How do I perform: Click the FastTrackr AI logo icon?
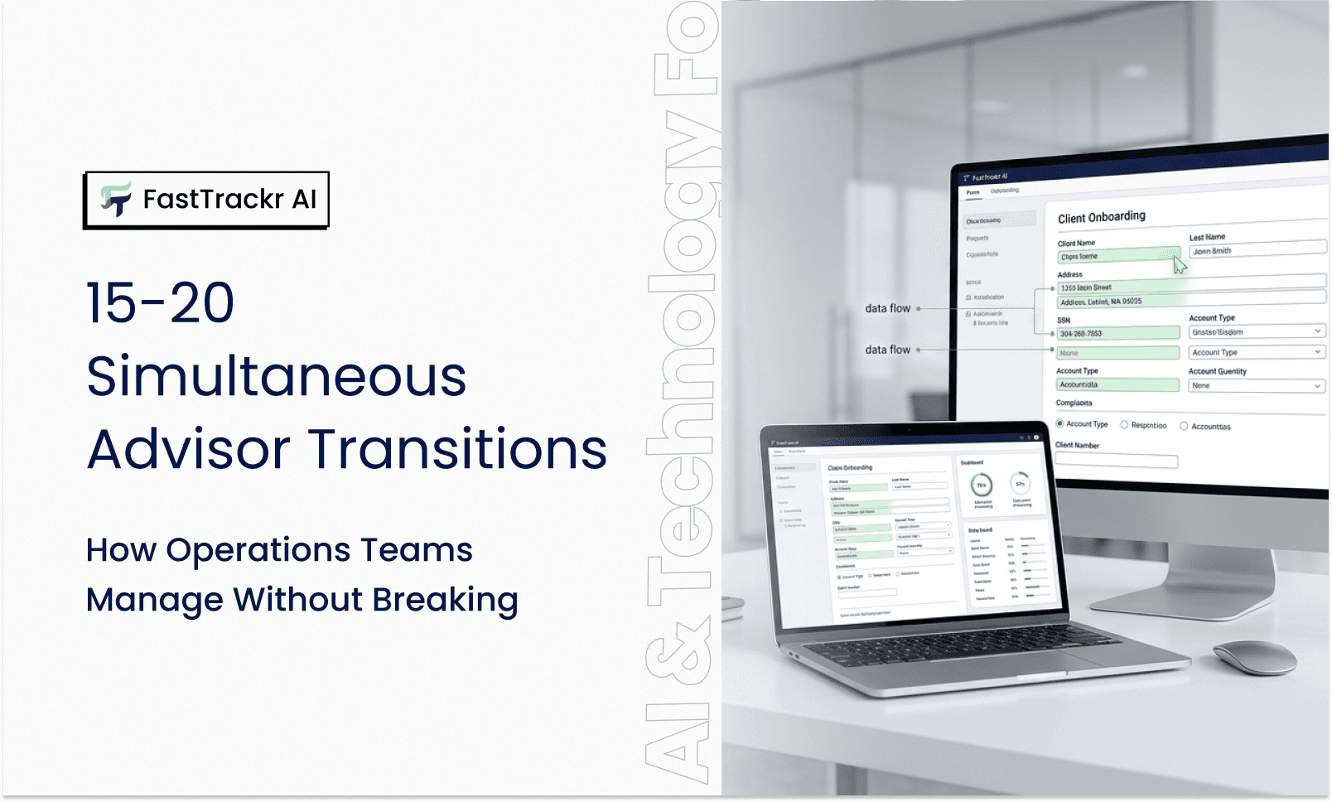point(116,199)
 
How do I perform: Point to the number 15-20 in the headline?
point(161,303)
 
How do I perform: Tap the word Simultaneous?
point(277,376)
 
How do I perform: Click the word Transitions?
point(459,449)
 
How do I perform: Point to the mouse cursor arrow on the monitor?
point(1179,264)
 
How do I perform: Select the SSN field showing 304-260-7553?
point(1118,333)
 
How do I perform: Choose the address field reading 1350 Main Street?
point(1118,287)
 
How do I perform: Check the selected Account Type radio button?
point(1060,423)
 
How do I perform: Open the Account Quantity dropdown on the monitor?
point(1256,385)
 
